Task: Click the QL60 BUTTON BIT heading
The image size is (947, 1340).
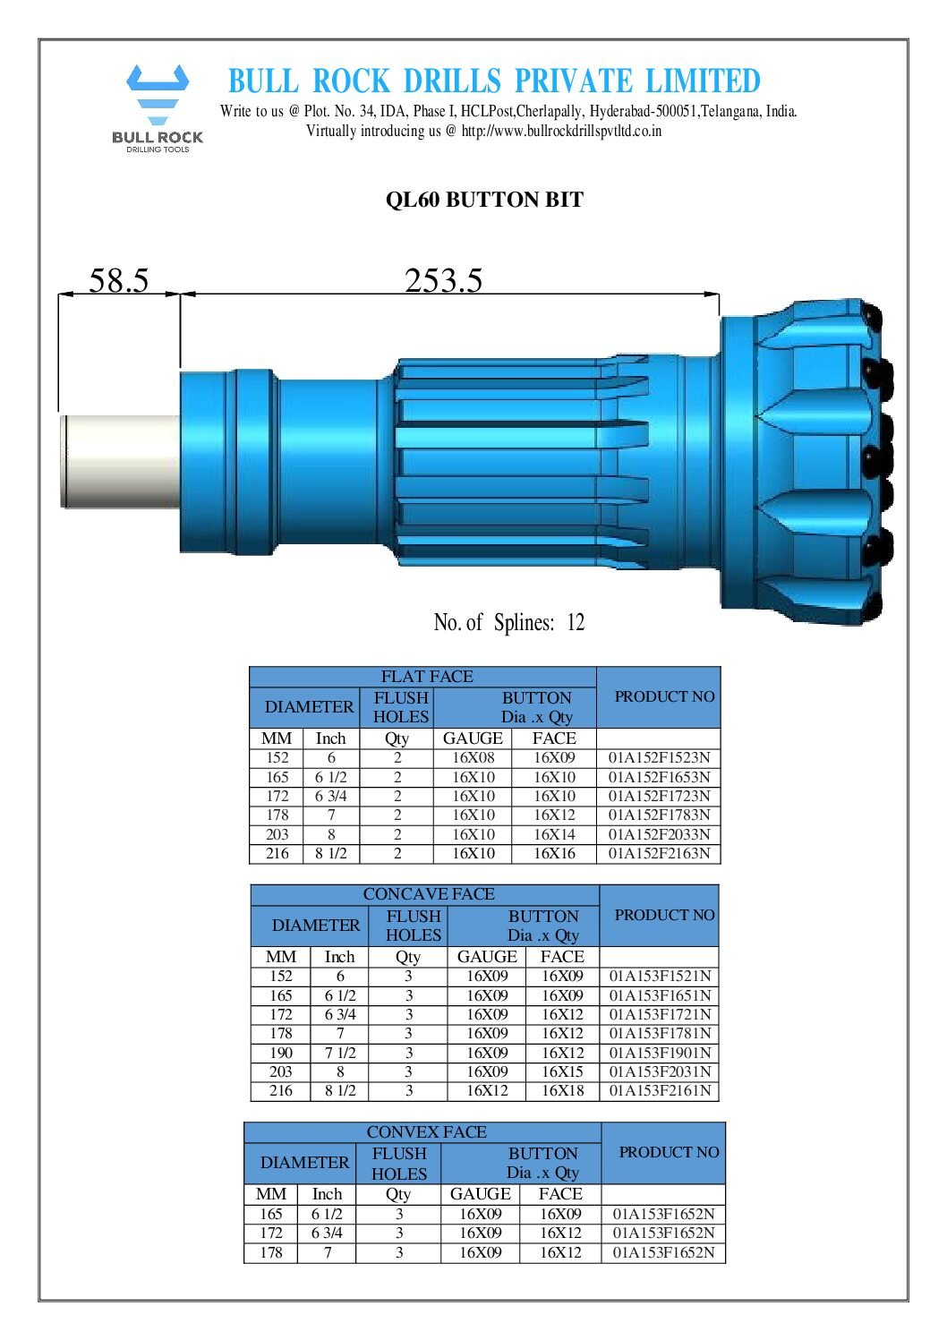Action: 484,200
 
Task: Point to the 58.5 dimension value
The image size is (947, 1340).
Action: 118,281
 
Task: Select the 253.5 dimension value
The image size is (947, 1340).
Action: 443,281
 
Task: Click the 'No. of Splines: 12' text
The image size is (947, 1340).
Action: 508,622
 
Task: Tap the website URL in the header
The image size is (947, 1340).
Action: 561,131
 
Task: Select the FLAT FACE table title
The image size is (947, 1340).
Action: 426,677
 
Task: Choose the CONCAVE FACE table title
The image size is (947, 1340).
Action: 428,894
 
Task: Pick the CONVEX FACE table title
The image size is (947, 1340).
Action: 426,1132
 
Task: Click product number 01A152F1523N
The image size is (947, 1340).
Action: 659,758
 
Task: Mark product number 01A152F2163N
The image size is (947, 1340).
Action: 659,854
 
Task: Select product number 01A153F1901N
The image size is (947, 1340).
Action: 660,1053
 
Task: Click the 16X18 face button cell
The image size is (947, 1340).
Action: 562,1091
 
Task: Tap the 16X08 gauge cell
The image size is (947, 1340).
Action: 473,758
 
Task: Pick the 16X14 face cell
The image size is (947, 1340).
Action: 554,834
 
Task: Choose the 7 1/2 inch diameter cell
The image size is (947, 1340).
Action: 340,1053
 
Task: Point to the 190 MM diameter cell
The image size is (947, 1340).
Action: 281,1053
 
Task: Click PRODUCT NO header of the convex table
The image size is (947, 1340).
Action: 669,1153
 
